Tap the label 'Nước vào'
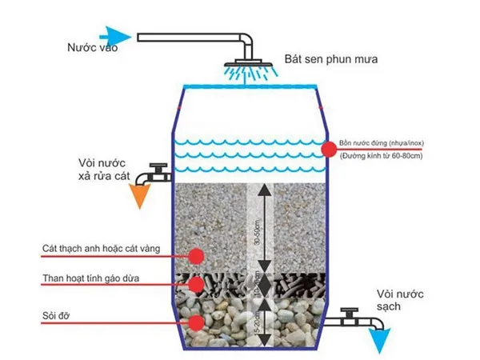93,49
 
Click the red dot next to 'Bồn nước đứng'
328,149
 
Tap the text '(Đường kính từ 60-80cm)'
387,154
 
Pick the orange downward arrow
144,196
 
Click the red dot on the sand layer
195,255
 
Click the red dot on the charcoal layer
195,284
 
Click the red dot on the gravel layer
195,323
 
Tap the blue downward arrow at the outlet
378,339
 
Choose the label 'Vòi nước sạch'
399,300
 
